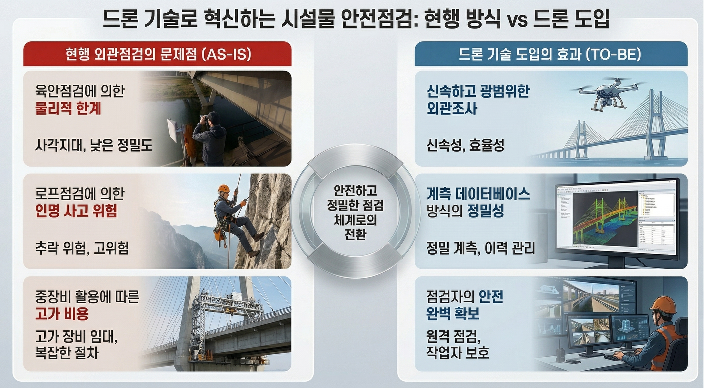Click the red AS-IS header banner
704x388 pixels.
(x=157, y=54)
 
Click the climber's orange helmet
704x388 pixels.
(x=223, y=188)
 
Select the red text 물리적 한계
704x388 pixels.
(x=68, y=109)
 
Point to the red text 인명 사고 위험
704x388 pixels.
(x=76, y=211)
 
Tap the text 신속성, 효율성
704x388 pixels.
(x=465, y=145)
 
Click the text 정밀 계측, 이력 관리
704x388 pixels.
(x=481, y=249)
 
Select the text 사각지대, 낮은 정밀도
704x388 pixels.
(x=94, y=145)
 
